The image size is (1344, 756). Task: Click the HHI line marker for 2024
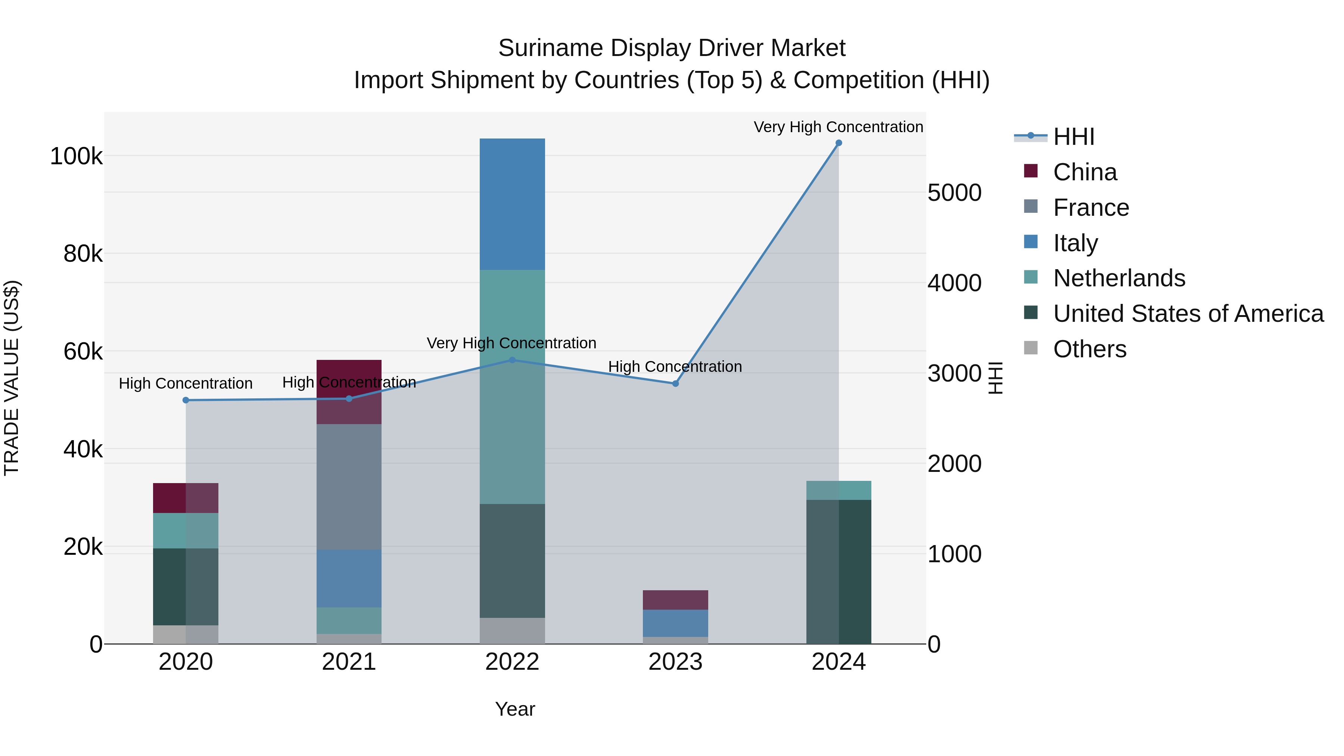pos(839,143)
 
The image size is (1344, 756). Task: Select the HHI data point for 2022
pos(512,360)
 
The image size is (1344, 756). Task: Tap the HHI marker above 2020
pos(186,400)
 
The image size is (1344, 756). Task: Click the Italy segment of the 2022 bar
pos(512,204)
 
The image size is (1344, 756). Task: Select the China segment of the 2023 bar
pos(675,600)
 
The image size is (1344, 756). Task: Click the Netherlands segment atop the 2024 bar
pos(839,491)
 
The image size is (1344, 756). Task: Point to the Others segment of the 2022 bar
pos(512,631)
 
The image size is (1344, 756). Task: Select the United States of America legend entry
pos(1188,314)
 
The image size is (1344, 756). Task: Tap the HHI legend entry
pos(1073,137)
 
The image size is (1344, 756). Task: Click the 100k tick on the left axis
pos(76,156)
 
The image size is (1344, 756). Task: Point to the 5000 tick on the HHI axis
pos(954,193)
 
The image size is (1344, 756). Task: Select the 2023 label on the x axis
pos(675,662)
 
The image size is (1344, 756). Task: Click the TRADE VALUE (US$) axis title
pos(12,378)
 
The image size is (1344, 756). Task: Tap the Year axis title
pos(514,709)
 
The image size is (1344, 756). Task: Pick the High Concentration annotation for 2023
pos(675,366)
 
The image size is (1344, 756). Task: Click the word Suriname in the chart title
pos(550,48)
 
